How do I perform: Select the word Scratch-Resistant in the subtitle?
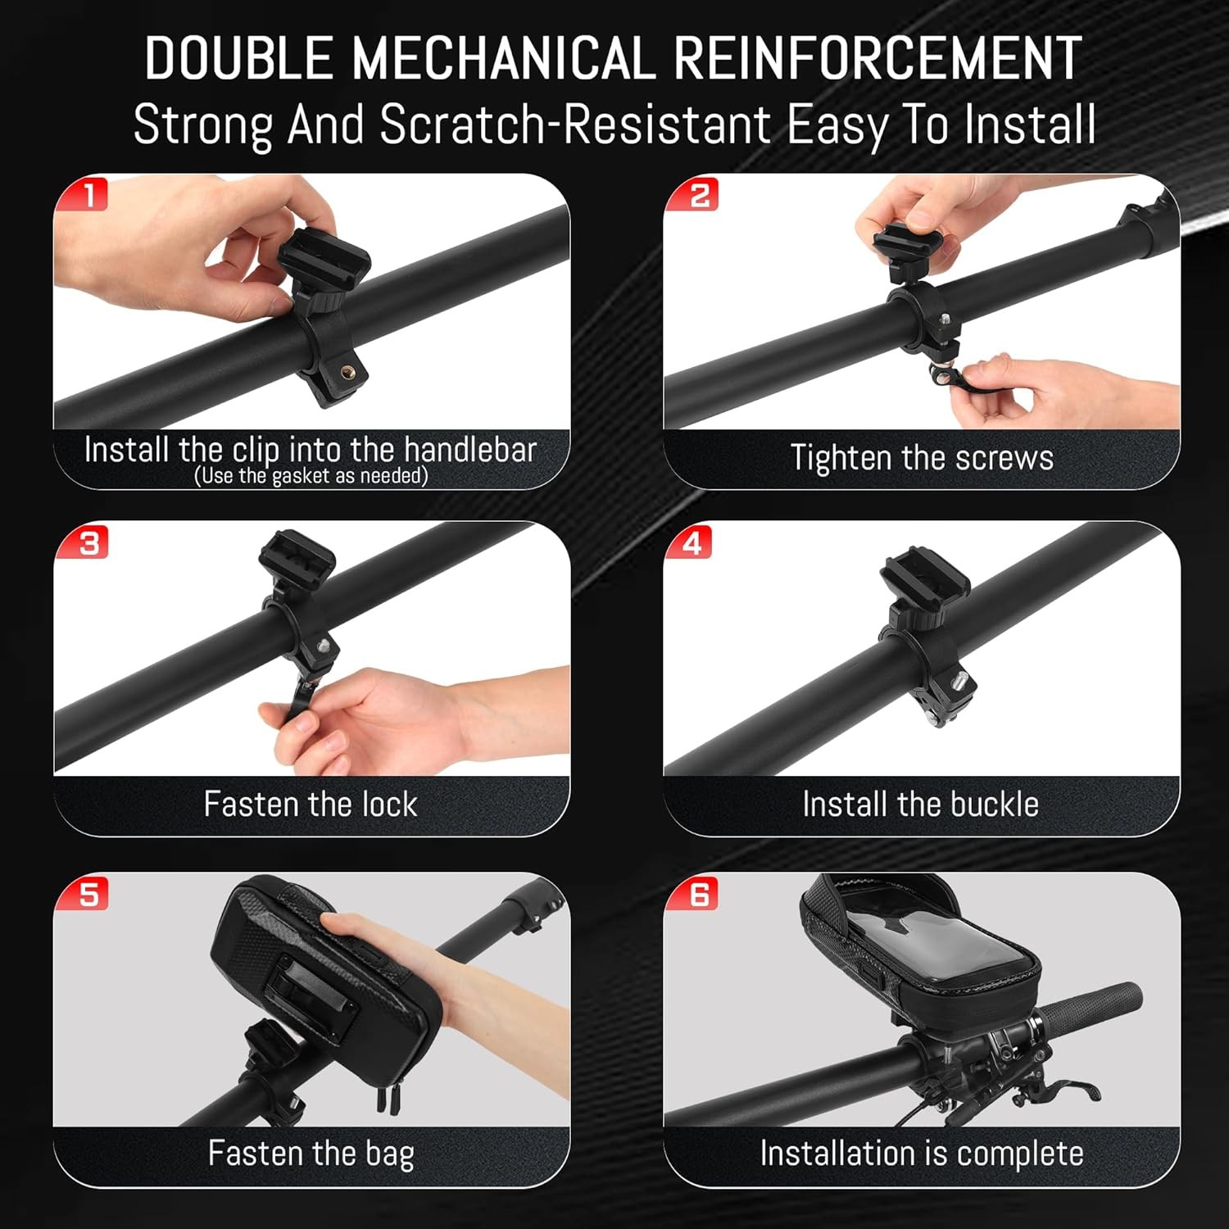point(575,125)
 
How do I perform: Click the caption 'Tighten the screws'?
point(922,457)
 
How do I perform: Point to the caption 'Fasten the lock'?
point(311,804)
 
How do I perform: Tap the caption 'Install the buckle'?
point(921,804)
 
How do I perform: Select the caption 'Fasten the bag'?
point(311,1154)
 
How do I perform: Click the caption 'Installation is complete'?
point(922,1154)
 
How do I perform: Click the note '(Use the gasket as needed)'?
point(311,476)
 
